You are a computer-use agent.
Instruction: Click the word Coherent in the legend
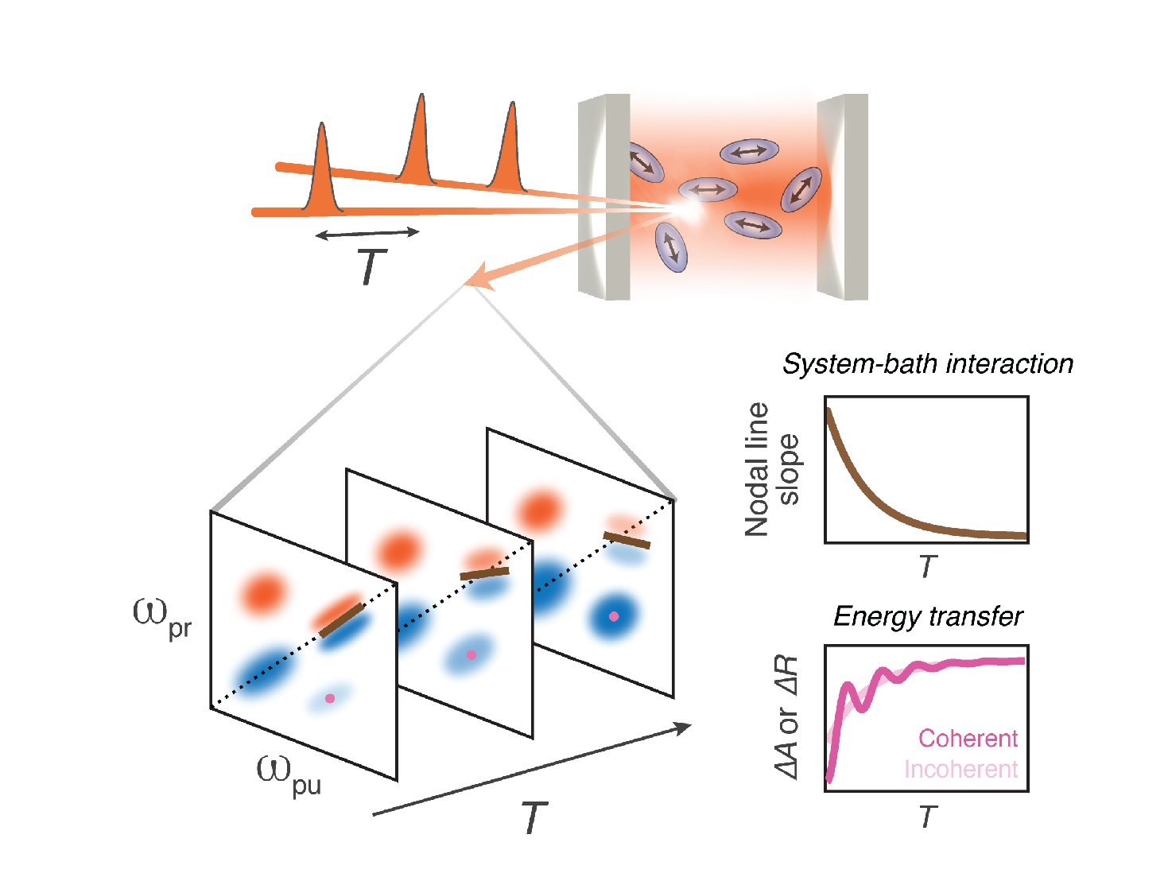tap(968, 739)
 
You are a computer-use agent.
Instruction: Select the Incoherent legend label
tap(960, 770)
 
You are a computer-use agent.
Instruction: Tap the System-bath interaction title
tap(927, 364)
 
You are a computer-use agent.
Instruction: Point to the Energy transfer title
tap(927, 616)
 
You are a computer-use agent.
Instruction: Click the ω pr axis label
tap(161, 618)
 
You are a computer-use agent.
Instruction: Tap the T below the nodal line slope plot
tap(927, 567)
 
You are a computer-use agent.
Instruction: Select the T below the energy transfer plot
tap(927, 817)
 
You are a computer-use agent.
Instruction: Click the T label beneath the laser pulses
tap(371, 267)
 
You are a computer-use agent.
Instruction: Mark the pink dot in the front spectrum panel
tap(330, 698)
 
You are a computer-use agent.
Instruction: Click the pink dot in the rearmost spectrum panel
tap(614, 616)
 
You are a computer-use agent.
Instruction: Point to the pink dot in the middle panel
tap(471, 655)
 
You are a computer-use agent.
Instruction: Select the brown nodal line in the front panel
tap(342, 620)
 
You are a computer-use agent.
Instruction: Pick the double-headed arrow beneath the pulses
tap(367, 233)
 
